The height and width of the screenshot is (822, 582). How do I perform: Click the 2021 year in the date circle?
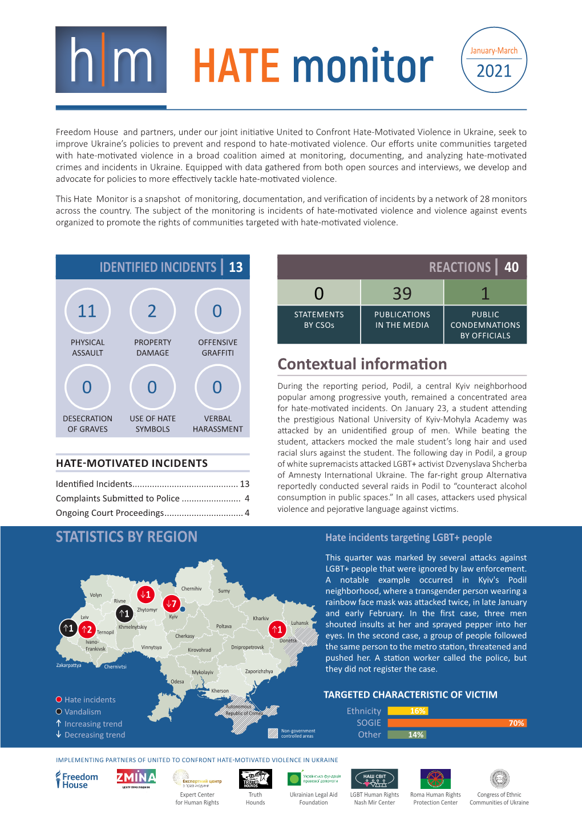click(x=494, y=71)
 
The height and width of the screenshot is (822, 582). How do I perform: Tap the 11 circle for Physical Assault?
click(x=87, y=311)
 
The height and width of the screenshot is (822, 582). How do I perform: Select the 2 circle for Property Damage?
click(x=152, y=311)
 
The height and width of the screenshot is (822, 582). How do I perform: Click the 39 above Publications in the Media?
click(x=402, y=293)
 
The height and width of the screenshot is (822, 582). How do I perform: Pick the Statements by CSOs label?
click(x=319, y=320)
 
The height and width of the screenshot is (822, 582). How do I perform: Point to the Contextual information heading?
click(x=362, y=364)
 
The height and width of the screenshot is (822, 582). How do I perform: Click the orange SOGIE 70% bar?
click(x=456, y=723)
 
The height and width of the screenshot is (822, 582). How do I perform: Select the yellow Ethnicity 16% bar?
click(x=407, y=711)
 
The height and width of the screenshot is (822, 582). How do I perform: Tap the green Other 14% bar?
click(x=406, y=735)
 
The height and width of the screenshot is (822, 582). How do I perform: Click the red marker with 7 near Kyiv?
click(x=171, y=604)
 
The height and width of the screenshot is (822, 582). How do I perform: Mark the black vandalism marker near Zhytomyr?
click(x=124, y=614)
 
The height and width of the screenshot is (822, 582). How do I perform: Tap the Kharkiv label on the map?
click(x=261, y=618)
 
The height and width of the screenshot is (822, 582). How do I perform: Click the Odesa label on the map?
click(x=177, y=682)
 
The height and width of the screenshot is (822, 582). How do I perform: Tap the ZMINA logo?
click(x=136, y=779)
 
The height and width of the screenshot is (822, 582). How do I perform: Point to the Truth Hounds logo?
click(x=255, y=779)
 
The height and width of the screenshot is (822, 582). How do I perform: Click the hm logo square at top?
click(x=111, y=60)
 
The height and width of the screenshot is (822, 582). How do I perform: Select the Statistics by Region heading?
click(x=127, y=537)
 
